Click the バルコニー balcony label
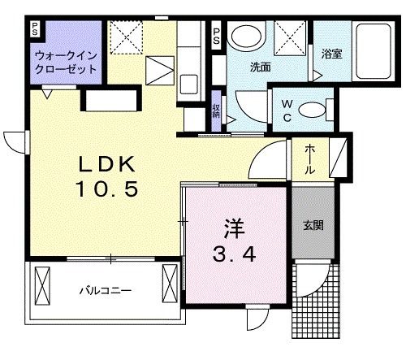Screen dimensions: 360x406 (105, 289)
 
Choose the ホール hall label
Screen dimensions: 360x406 (312, 158)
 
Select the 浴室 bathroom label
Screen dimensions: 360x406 (331, 55)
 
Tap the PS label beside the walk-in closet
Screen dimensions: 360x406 (34, 31)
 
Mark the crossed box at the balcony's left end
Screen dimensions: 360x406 (45, 284)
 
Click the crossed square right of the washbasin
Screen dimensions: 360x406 (288, 37)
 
